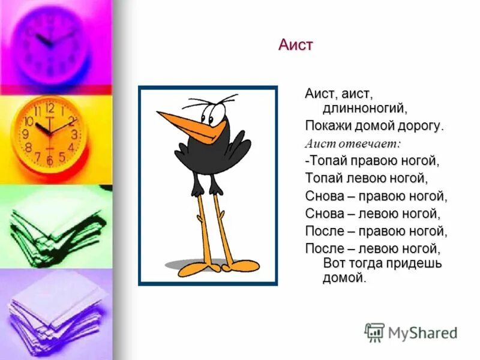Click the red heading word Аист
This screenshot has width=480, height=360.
click(x=296, y=44)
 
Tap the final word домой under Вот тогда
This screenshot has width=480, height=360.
click(x=344, y=277)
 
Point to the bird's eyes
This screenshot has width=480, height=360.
click(x=217, y=113)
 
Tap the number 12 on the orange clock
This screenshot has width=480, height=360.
click(x=50, y=109)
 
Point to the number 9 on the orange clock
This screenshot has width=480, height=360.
click(x=26, y=134)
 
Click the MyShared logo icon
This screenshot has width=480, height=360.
click(x=374, y=332)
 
